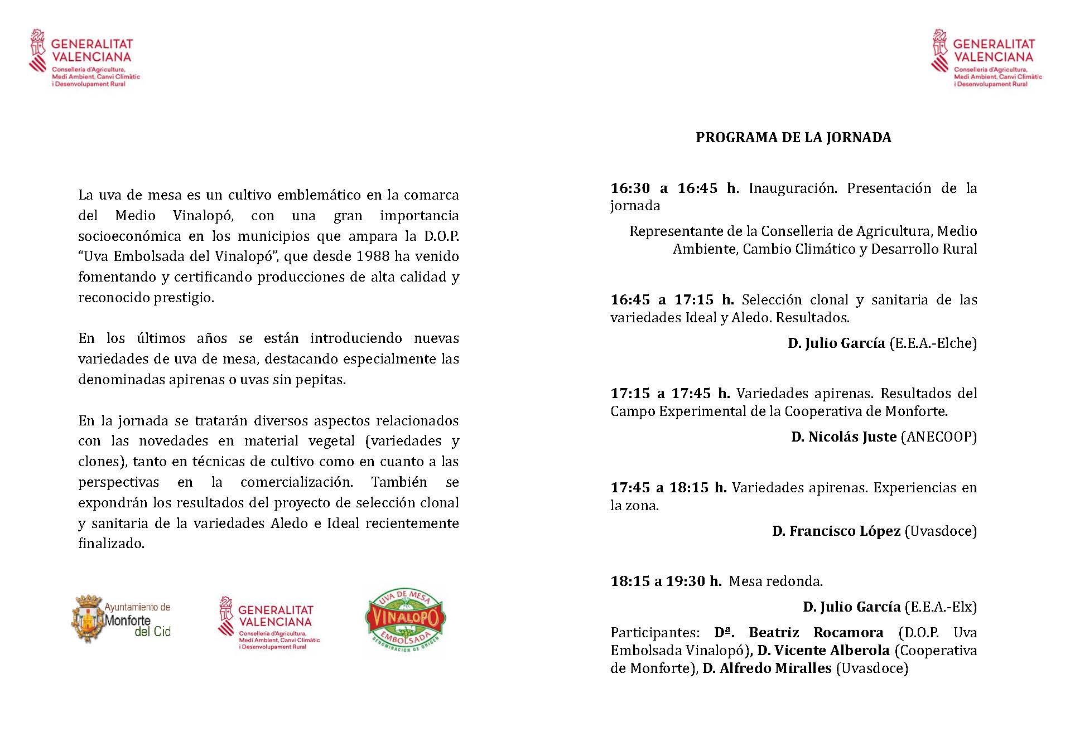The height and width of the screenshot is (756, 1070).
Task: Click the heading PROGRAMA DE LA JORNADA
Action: [793, 138]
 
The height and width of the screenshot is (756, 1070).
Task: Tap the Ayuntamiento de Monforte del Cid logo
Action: [122, 619]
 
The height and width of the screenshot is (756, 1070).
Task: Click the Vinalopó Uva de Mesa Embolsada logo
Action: [404, 620]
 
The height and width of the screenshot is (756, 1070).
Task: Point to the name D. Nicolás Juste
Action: [844, 437]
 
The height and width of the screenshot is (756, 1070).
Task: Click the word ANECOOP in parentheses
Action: [939, 437]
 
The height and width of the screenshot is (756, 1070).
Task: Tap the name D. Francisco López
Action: [836, 531]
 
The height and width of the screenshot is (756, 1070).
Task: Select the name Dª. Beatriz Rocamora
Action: [798, 633]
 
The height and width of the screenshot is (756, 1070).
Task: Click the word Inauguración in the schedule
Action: [792, 188]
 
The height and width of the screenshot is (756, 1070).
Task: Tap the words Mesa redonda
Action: [775, 581]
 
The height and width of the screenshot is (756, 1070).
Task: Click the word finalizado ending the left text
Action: [111, 544]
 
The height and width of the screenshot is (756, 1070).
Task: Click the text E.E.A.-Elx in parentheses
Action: [940, 607]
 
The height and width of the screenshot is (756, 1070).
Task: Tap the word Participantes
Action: [654, 633]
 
